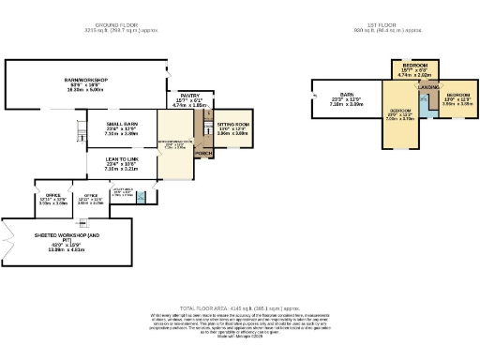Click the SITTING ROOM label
pyautogui.click(x=232, y=124)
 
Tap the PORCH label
pyautogui.click(x=202, y=153)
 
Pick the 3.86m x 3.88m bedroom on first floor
pyautogui.click(x=458, y=98)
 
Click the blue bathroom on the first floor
pyautogui.click(x=427, y=103)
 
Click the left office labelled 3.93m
pyautogui.click(x=53, y=199)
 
